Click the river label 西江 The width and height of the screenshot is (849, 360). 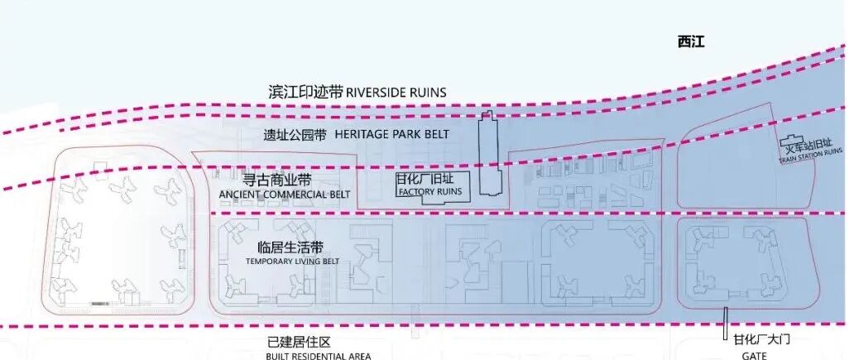(x=688, y=41)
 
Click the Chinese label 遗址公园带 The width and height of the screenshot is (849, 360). (x=295, y=135)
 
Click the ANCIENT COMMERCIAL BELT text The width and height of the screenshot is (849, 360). (x=284, y=194)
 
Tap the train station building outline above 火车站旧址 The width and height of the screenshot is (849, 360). (x=792, y=140)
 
